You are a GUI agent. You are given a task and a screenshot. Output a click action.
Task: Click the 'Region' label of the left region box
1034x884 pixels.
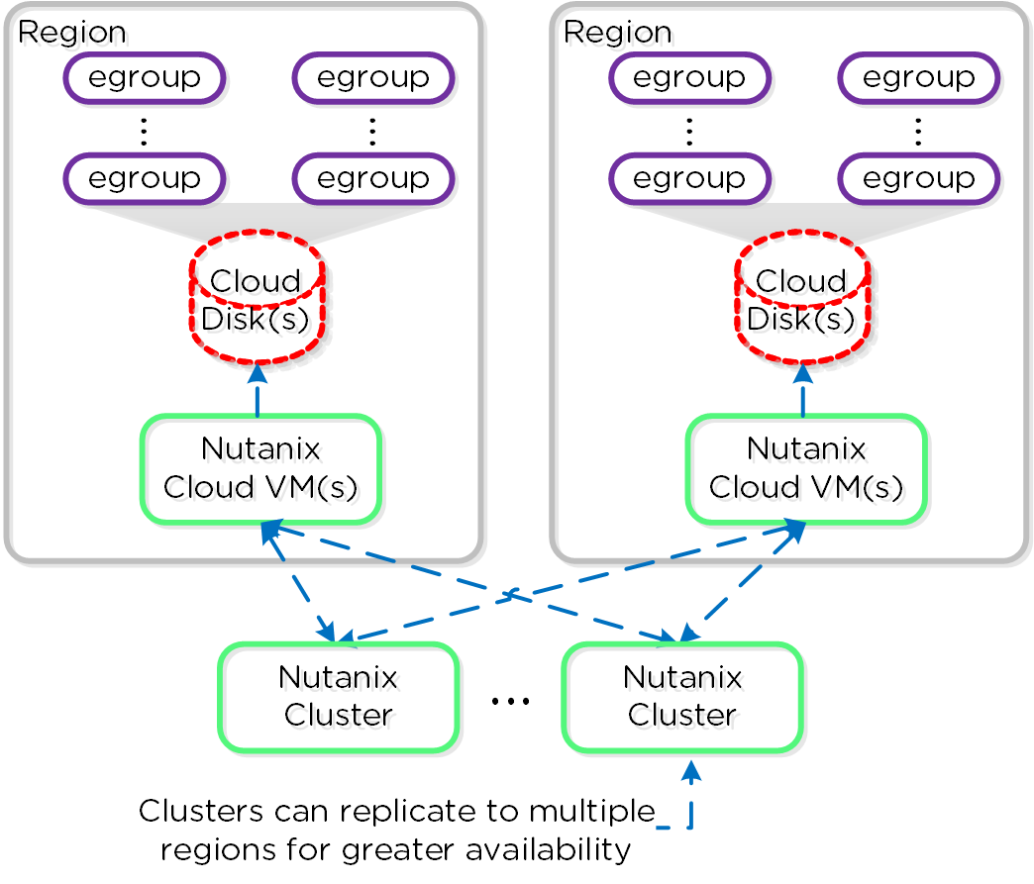pos(72,32)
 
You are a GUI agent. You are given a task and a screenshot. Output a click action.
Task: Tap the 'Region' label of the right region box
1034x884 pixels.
pos(617,32)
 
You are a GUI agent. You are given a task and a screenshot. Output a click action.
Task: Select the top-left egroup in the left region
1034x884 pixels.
pos(145,77)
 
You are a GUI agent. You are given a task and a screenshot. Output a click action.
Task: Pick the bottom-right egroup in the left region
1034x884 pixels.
pos(373,178)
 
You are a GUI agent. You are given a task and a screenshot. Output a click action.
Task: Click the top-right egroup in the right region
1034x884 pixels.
pos(918,77)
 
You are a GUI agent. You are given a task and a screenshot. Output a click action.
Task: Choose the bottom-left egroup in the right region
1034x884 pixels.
pos(689,178)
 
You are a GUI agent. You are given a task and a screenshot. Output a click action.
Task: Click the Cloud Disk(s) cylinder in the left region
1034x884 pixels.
pos(257,297)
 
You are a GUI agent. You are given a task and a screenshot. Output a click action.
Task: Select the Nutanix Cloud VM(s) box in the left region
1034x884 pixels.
pos(259,468)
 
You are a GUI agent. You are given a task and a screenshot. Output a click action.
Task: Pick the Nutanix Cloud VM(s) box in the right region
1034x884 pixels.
pos(806,468)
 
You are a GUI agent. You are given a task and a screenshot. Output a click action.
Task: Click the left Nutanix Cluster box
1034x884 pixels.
pos(339,696)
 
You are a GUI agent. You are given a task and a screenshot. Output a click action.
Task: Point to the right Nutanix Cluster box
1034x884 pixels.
pos(682,696)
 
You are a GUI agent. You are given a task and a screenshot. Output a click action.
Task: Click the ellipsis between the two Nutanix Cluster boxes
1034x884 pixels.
pos(511,701)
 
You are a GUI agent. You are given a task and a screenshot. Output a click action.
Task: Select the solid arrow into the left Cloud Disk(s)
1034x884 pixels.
pos(258,389)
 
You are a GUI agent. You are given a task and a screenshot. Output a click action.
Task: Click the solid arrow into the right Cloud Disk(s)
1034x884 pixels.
pos(802,389)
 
